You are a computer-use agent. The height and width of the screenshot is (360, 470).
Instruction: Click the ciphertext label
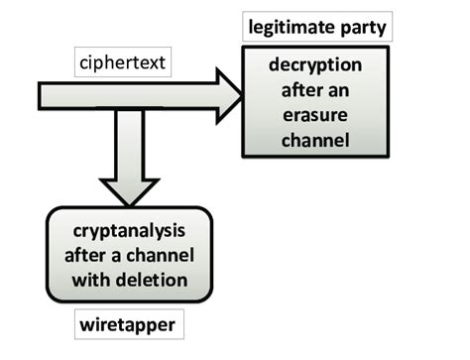[x=122, y=65]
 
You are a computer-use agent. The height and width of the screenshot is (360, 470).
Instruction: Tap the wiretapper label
[x=125, y=324]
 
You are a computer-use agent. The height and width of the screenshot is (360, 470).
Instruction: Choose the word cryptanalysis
[x=129, y=231]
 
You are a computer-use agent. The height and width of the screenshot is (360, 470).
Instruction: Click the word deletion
[x=154, y=279]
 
